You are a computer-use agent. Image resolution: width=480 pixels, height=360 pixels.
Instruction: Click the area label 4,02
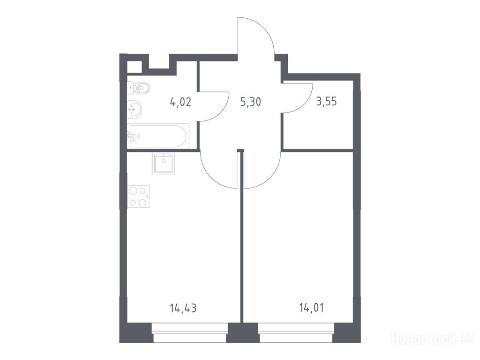coord(180,101)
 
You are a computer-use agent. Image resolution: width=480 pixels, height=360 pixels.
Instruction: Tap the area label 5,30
coord(250,101)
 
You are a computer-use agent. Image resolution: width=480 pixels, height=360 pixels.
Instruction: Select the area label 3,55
coord(326,101)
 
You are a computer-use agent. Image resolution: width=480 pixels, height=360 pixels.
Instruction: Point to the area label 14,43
coord(183,308)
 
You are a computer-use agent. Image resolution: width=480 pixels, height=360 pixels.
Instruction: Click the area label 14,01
coord(311,307)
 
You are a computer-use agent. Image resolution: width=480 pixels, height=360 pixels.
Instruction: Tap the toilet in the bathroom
coord(139,88)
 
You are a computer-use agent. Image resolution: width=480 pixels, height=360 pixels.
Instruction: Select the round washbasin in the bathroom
coord(135,109)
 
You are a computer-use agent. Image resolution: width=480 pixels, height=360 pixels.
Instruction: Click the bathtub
coord(158,136)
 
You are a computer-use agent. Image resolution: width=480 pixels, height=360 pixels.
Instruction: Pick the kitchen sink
coord(164,164)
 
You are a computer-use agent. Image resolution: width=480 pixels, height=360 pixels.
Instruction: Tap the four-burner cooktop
coord(138,196)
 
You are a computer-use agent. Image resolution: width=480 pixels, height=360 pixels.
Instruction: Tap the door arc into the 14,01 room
coord(270,178)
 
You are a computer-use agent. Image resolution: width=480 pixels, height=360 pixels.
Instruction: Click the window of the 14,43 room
coord(190,333)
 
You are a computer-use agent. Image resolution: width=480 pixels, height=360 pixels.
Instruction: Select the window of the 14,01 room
coord(296,333)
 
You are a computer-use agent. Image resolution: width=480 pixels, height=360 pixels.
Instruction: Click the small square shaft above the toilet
coord(135,67)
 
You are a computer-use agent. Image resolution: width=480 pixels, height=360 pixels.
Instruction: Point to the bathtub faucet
coord(132,136)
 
